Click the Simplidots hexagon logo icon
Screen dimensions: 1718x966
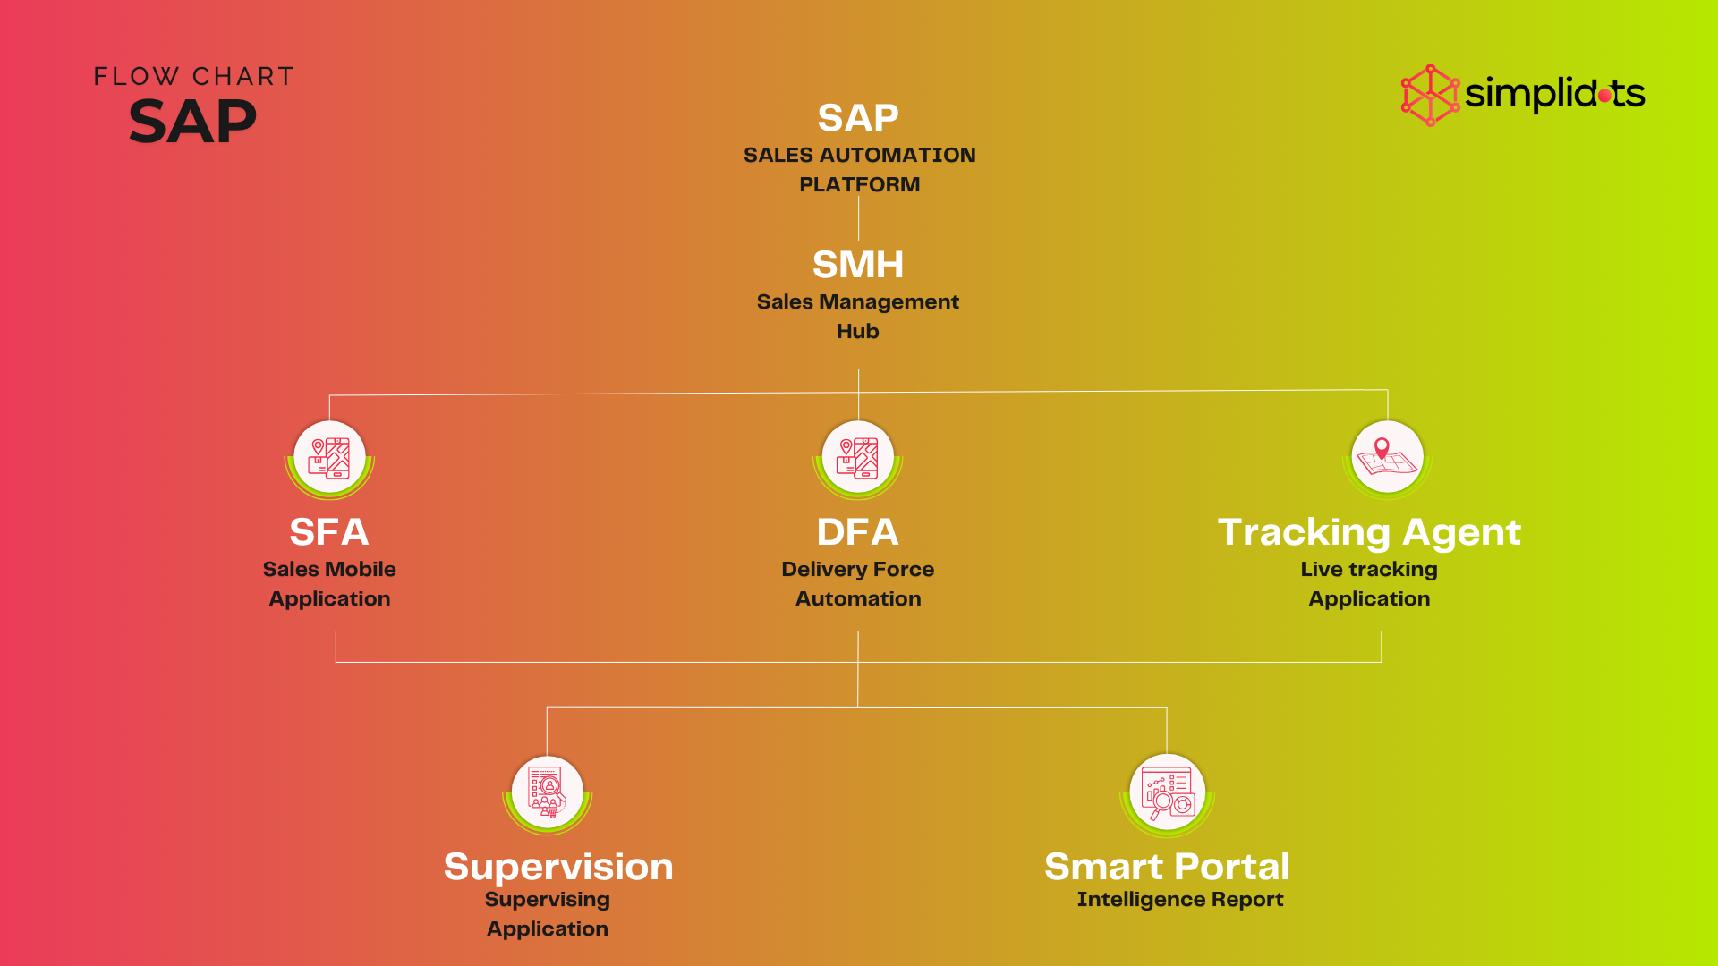1430,95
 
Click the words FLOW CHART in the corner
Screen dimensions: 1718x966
194,77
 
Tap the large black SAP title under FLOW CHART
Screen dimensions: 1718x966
193,122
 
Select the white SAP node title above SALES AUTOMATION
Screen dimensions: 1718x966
858,118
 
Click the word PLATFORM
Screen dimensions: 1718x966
859,184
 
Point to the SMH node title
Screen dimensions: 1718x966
858,265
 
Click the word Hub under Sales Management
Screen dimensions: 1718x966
858,331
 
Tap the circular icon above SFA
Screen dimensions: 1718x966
329,458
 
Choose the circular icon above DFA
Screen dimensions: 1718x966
858,458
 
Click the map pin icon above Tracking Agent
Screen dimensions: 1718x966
1387,458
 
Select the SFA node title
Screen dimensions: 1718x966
329,532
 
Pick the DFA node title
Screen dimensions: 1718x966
858,532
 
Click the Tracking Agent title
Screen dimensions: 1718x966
1369,532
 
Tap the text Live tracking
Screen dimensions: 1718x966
1369,570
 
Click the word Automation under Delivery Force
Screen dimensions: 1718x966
858,598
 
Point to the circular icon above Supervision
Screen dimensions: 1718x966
548,793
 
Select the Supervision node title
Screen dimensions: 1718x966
558,867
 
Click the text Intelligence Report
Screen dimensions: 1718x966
1180,900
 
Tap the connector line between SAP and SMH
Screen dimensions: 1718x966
858,217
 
